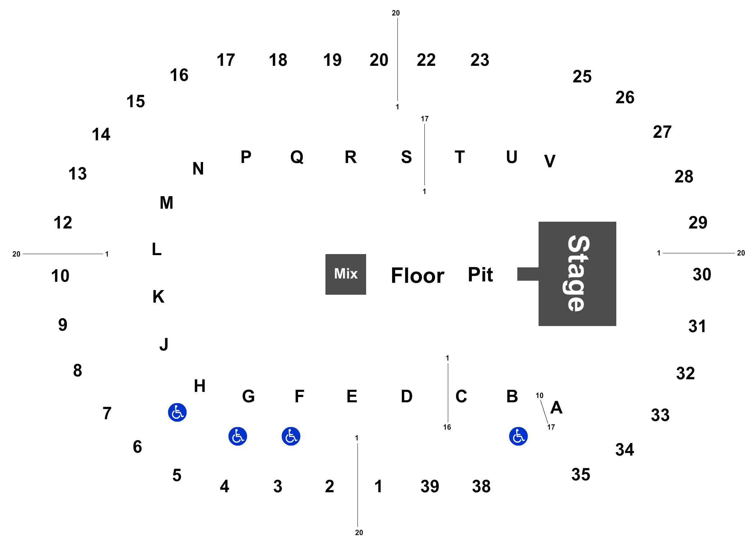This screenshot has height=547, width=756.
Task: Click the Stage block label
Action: coord(577,273)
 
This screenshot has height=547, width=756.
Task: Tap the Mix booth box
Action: coord(346,274)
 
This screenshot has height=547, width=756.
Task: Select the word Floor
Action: coord(418,276)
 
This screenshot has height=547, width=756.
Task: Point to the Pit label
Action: coord(480,275)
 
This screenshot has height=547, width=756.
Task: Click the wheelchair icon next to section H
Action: coord(177,412)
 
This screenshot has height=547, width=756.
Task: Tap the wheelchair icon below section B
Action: coord(518,436)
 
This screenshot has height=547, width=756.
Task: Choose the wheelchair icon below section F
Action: coord(291,436)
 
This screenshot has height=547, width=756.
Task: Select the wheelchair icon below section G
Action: coord(238,436)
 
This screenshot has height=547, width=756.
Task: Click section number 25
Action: coord(582,77)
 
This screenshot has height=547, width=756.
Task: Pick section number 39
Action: coord(430,487)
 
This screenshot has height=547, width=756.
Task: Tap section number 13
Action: coord(77,174)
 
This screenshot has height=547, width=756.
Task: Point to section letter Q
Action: coord(297,157)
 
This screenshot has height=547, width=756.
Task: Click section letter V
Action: coord(550,161)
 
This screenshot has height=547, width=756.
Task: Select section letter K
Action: coord(158,297)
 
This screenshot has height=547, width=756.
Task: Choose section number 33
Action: coord(660,415)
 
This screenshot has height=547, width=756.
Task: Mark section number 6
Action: coord(138,447)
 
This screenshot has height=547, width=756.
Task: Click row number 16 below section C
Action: coord(447,427)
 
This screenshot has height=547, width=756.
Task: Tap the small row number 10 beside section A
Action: coord(539,395)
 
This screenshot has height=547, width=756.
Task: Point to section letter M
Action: coord(167,203)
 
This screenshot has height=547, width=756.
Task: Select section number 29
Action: coord(698,223)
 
